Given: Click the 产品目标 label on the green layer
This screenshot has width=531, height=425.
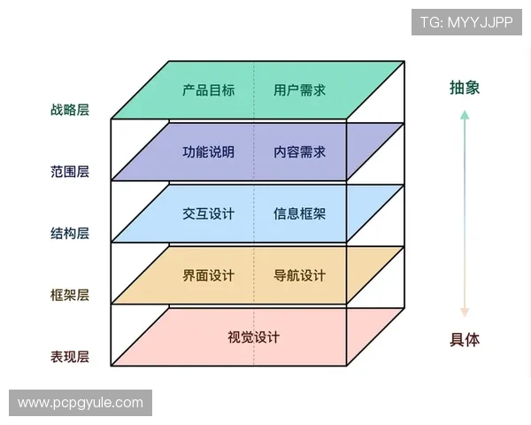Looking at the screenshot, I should (x=208, y=89).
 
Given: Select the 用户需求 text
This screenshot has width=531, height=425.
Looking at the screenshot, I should (x=299, y=89).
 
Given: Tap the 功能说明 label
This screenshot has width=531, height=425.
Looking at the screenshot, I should (x=208, y=151).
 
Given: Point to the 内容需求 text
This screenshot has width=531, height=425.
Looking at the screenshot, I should (x=299, y=151).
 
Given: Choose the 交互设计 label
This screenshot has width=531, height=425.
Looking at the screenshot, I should (x=208, y=213).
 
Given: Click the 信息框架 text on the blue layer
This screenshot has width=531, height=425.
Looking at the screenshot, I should (x=299, y=213).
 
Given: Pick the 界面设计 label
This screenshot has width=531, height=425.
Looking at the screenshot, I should (x=208, y=275).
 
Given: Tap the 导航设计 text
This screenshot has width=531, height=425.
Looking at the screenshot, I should (x=299, y=275).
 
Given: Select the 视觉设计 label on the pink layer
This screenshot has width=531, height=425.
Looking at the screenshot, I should (x=253, y=337).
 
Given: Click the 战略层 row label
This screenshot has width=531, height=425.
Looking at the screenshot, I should (x=70, y=111).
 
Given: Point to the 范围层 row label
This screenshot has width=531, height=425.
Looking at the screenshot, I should (x=70, y=172).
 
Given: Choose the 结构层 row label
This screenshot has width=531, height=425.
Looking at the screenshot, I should (x=70, y=234).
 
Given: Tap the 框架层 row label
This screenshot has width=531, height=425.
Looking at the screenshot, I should (x=70, y=296).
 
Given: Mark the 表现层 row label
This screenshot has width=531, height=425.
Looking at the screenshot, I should (x=70, y=358).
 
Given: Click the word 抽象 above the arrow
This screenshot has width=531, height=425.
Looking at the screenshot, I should (x=465, y=88).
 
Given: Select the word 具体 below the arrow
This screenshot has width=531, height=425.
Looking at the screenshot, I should (x=465, y=340).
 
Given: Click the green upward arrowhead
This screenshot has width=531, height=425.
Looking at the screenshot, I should (x=465, y=114).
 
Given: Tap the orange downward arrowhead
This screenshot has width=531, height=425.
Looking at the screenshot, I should (x=465, y=312).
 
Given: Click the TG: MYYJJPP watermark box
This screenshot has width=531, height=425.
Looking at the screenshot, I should (x=466, y=21).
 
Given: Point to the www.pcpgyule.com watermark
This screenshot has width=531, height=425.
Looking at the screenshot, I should (x=81, y=403).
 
